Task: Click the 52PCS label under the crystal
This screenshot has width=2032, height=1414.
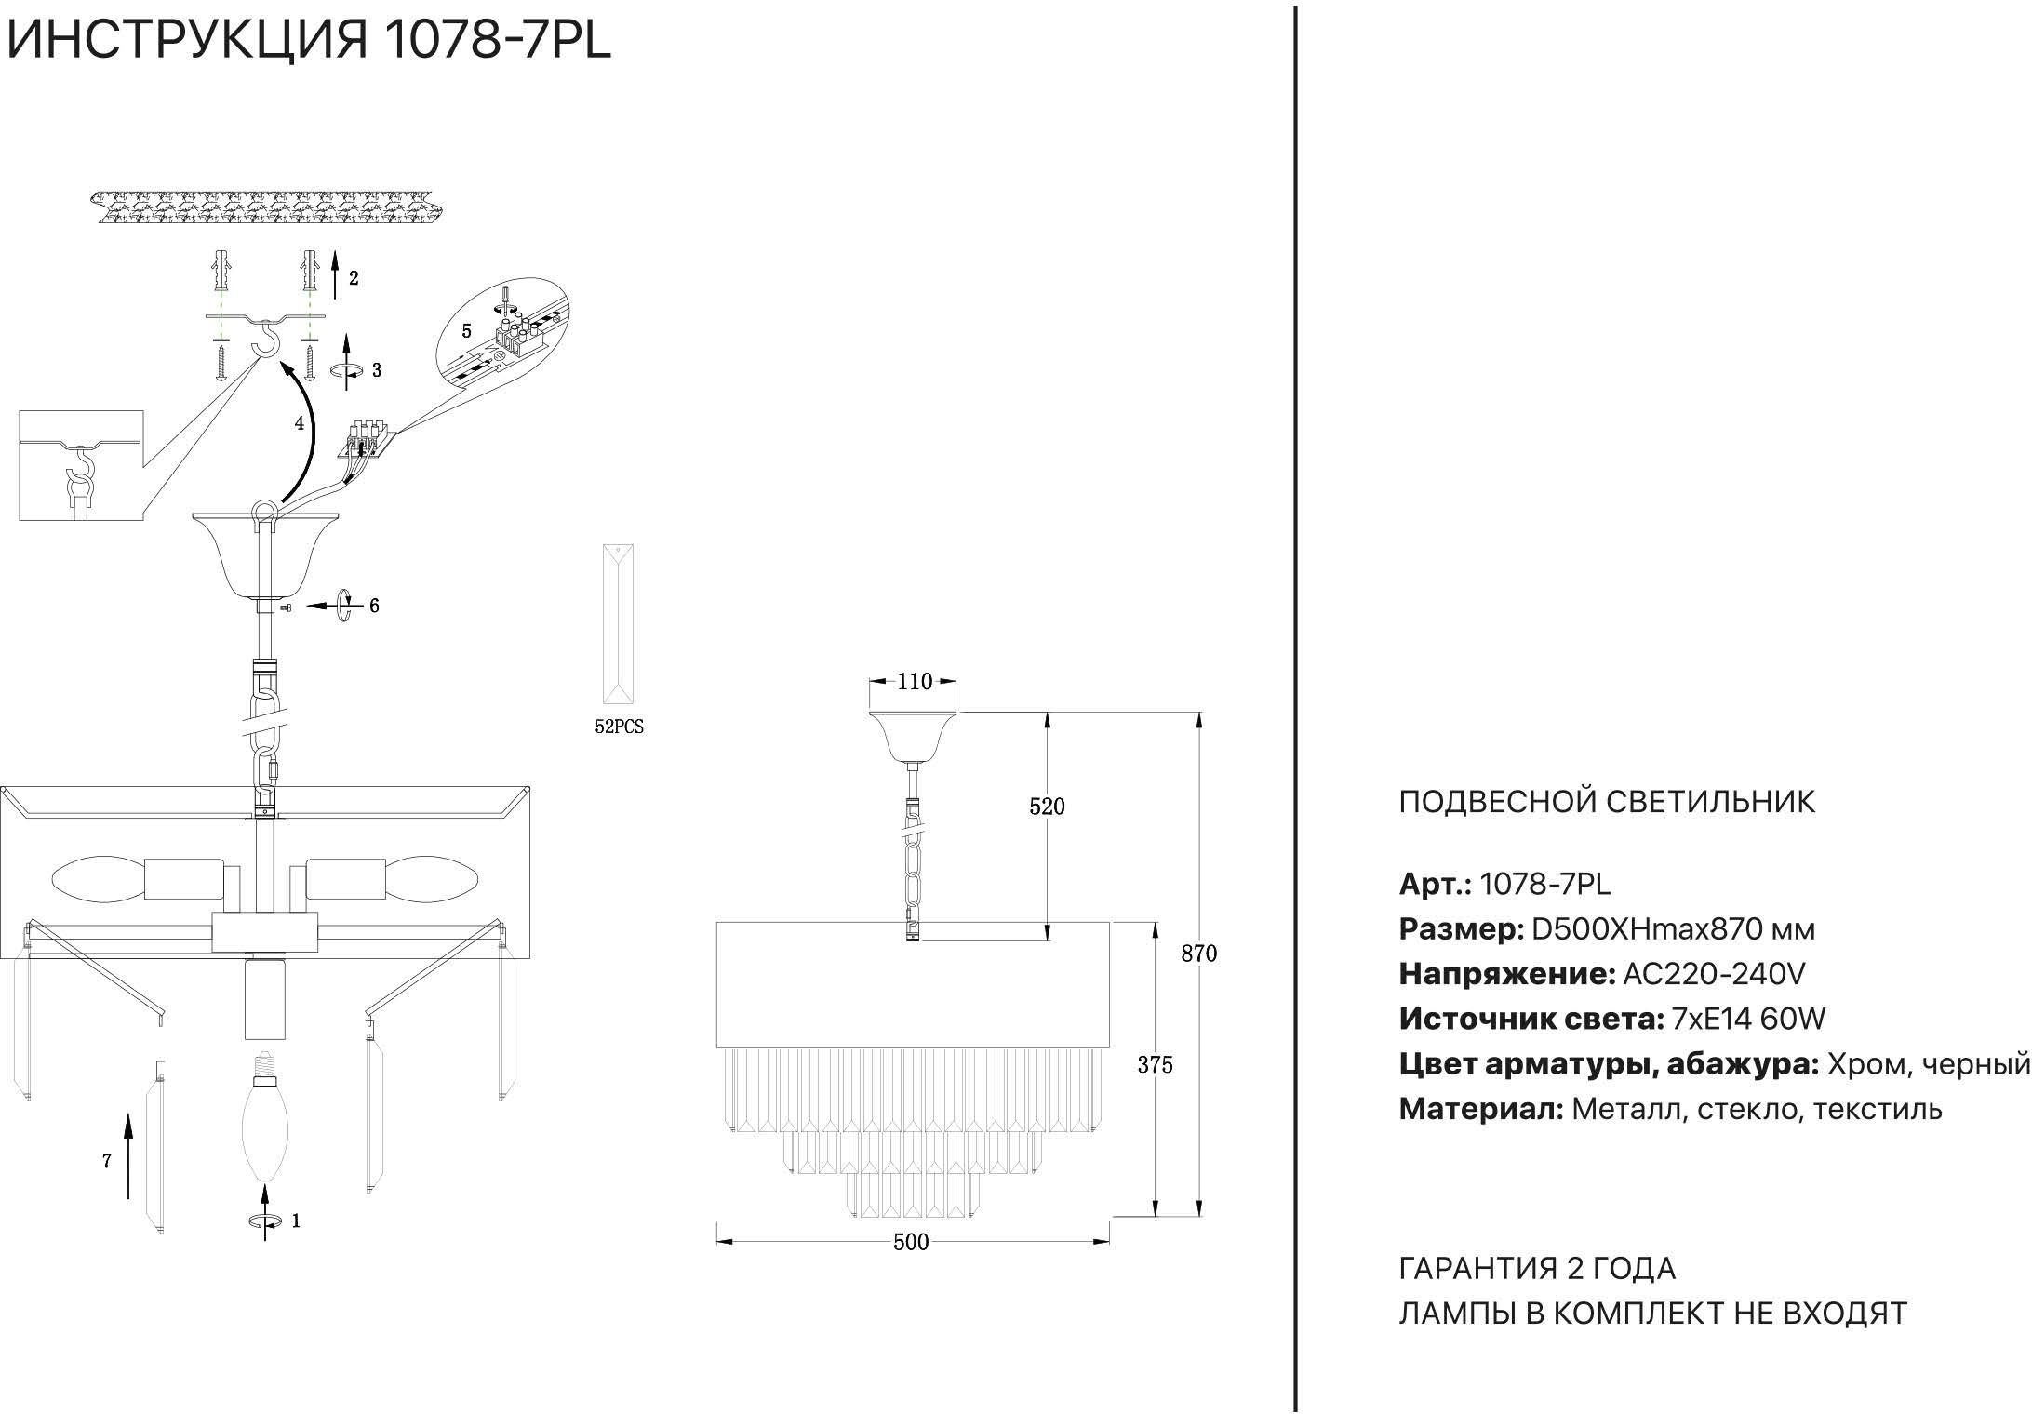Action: point(619,727)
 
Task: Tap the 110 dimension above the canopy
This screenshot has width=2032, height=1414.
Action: point(915,682)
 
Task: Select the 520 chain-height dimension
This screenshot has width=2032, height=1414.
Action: point(1047,807)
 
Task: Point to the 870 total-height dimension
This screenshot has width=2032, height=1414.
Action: point(1199,954)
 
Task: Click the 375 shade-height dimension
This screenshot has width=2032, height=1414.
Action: point(1155,1065)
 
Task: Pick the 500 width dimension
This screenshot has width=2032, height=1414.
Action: point(911,1242)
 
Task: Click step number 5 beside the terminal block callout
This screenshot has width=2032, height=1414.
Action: point(467,331)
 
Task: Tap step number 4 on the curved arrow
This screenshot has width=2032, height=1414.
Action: point(300,423)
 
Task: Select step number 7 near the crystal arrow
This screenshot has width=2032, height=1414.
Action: point(107,1161)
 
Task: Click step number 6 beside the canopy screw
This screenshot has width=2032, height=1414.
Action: point(374,606)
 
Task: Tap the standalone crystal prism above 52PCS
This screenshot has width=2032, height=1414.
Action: point(619,628)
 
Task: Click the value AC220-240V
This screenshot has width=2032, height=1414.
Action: point(1714,974)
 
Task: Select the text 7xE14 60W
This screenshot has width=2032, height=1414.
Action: point(1748,1020)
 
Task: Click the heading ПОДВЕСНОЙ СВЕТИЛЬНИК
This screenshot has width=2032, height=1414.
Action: point(1607,802)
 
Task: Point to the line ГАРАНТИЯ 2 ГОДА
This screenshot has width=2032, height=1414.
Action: point(1537,1268)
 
